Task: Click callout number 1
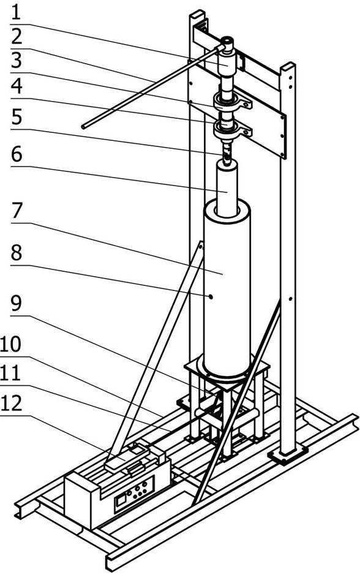(16, 12)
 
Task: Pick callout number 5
(16, 117)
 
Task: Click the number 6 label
(16, 154)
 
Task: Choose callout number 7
(16, 212)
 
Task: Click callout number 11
(16, 372)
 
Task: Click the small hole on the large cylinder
(210, 296)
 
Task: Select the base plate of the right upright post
(287, 454)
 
